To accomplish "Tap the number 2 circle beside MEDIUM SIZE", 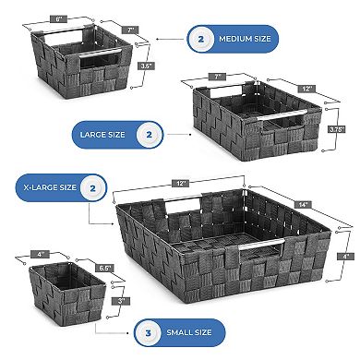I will tap(199, 39).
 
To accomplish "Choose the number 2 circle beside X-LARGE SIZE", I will tap(90, 189).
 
